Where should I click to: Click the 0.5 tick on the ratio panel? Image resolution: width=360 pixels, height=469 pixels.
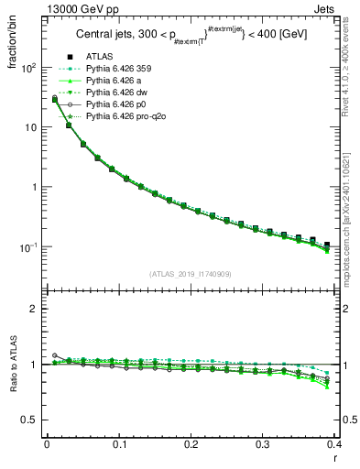point(30,420)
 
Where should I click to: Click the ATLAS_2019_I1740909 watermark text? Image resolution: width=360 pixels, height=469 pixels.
point(191,274)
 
